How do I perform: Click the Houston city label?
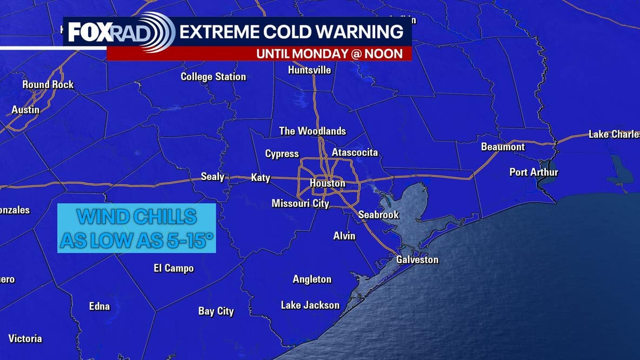327,183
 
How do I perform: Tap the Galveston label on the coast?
417,260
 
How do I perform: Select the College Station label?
213,77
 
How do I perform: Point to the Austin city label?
25,110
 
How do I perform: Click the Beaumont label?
503,147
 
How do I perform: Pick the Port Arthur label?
534,172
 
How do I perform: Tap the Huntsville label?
309,70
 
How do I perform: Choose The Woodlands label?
312,131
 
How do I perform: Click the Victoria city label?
25,339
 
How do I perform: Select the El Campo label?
174,269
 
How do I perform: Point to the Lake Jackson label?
310,305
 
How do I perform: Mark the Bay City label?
216,311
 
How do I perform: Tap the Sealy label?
212,177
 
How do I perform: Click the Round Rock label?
48,85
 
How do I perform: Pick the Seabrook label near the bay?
378,215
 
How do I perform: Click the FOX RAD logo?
120,32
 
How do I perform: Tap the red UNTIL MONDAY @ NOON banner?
329,54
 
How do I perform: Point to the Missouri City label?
300,204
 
